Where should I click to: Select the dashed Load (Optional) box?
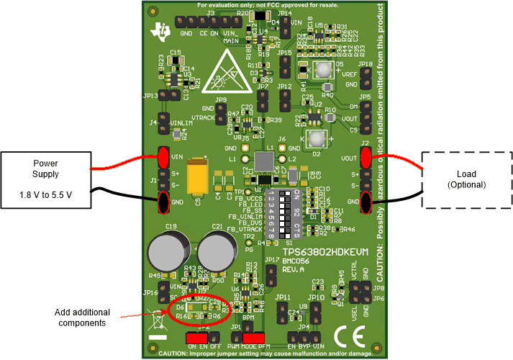point(466,180)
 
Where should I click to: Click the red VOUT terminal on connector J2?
point(366,158)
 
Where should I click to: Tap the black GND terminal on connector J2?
point(366,204)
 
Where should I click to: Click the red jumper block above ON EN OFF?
point(196,337)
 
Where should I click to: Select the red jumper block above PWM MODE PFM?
point(253,337)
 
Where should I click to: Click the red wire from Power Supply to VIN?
point(122,164)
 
